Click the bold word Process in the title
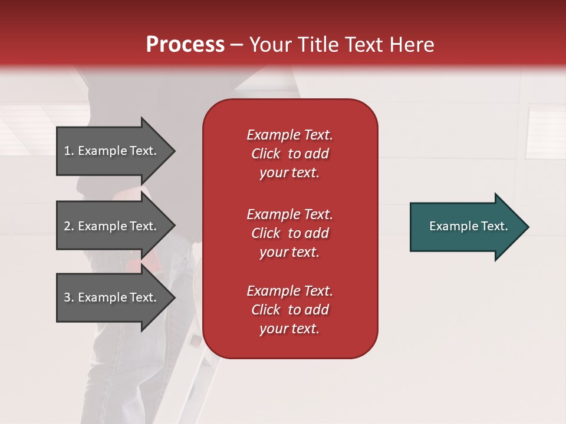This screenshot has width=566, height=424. coord(185,45)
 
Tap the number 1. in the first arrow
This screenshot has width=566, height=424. coord(69,151)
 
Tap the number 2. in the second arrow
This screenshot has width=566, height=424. coord(69,226)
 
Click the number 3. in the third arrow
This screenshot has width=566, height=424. coord(69,297)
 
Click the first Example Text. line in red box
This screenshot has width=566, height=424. coord(289,135)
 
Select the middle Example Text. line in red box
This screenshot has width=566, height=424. coord(289,214)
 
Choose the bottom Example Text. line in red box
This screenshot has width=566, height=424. coord(289,291)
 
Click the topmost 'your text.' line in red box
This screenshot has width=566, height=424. coord(289,173)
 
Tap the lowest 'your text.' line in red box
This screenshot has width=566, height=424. coord(289,329)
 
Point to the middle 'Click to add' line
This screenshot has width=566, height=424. coord(289,233)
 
